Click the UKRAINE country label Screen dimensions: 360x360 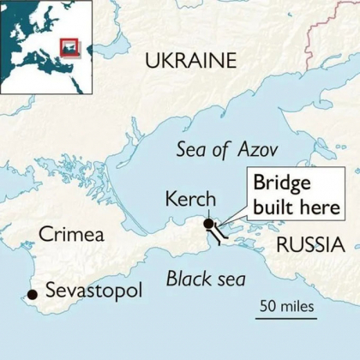click(189, 60)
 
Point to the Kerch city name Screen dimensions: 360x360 click(189, 200)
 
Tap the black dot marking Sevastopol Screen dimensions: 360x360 click(32, 294)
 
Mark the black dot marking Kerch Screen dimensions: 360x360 click(208, 224)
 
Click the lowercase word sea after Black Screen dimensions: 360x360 click(231, 279)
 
